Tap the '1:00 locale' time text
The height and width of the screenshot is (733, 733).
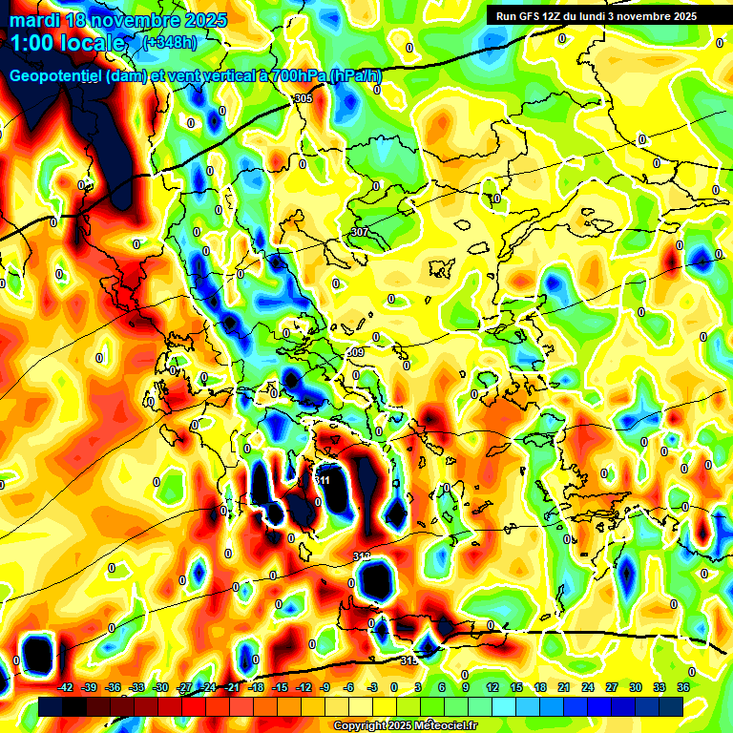pyautogui.click(x=68, y=43)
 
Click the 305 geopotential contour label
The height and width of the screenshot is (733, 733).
pyautogui.click(x=304, y=99)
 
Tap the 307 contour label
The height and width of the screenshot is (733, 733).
pyautogui.click(x=359, y=232)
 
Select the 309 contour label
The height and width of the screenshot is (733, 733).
pyautogui.click(x=355, y=353)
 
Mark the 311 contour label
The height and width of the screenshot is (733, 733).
pyautogui.click(x=325, y=480)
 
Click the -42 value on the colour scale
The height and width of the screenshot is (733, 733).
pyautogui.click(x=66, y=687)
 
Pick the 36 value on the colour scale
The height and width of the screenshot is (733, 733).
pyautogui.click(x=682, y=687)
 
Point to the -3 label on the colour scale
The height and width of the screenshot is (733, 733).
pyautogui.click(x=372, y=687)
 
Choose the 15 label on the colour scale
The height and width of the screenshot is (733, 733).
pyautogui.click(x=516, y=687)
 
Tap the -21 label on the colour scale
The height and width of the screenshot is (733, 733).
pyautogui.click(x=232, y=687)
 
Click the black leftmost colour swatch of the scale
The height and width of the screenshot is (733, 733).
pyautogui.click(x=51, y=706)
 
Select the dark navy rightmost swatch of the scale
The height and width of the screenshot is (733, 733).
pyautogui.click(x=671, y=706)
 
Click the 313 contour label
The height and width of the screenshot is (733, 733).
pyautogui.click(x=362, y=556)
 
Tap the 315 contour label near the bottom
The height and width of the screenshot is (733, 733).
pyautogui.click(x=408, y=660)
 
